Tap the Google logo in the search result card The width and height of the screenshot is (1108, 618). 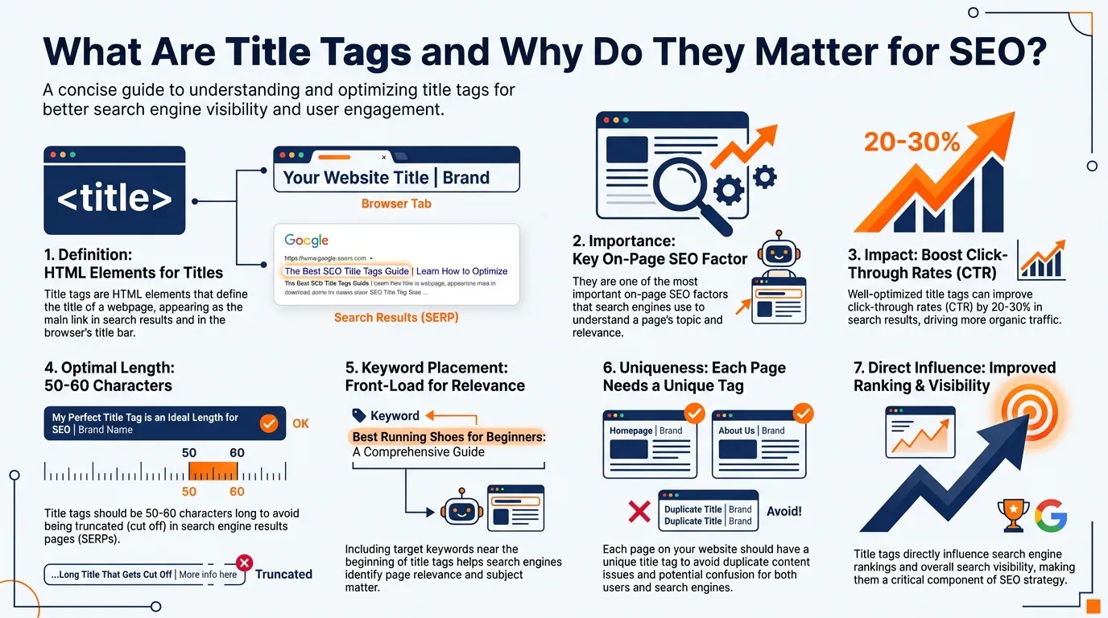(307, 241)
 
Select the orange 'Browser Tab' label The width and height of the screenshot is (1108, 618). (396, 204)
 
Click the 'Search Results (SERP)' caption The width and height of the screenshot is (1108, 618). (396, 318)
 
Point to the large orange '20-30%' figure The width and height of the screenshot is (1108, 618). (912, 142)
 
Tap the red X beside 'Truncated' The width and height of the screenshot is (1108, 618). (244, 563)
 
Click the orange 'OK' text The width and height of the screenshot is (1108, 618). (300, 423)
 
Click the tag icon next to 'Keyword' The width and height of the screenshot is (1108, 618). (359, 416)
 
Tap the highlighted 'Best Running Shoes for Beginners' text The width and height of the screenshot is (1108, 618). (449, 437)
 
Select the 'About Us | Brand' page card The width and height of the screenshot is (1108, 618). (759, 444)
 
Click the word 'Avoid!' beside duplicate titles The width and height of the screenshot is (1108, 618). (784, 511)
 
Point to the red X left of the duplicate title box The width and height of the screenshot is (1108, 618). (639, 512)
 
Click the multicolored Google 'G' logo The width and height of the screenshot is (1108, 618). (1051, 515)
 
